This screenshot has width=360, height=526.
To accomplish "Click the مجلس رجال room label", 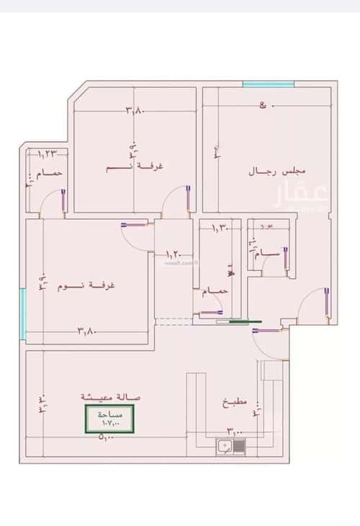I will tap(277, 171).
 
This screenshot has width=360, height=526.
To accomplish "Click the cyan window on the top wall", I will tap(268, 85).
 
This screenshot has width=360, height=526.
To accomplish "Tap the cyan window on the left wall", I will tap(24, 313).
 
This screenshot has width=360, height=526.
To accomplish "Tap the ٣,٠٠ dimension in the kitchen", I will tap(235, 431).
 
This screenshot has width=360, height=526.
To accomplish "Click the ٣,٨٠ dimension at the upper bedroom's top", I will tap(135, 110).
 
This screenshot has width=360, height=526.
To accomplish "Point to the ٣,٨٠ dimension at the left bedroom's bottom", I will tap(86, 331).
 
